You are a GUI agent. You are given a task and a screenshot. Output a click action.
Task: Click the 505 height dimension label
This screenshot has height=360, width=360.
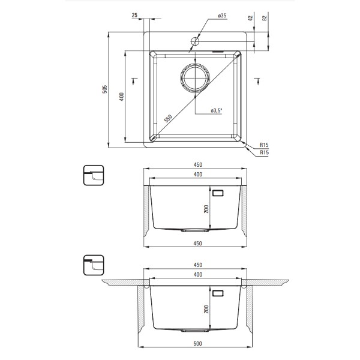pyautogui.click(x=104, y=89)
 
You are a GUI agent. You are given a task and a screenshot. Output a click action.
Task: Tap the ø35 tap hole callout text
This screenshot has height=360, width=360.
pyautogui.click(x=222, y=16)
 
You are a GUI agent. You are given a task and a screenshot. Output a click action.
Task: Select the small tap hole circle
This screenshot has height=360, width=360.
pyautogui.click(x=195, y=41)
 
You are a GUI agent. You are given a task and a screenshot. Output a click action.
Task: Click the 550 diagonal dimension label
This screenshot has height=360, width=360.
pyautogui.click(x=168, y=118)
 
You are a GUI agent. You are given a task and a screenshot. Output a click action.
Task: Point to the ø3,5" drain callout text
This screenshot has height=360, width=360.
pyautogui.click(x=217, y=110)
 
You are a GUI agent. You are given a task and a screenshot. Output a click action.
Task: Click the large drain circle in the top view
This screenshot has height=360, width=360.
pyautogui.click(x=195, y=77)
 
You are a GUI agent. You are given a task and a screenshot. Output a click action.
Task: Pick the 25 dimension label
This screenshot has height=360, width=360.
pyautogui.click(x=134, y=15)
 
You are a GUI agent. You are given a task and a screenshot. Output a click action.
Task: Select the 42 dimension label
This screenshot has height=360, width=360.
pyautogui.click(x=251, y=17)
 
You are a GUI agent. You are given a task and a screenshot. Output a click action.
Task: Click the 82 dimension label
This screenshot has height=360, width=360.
pyautogui.click(x=265, y=18)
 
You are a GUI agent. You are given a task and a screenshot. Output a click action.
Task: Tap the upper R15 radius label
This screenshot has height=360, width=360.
pyautogui.click(x=264, y=145)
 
